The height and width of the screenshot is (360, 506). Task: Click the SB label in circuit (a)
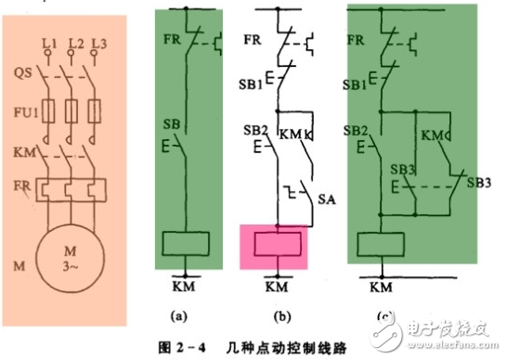pyautogui.click(x=170, y=123)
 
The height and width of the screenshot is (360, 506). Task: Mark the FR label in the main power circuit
pyautogui.click(x=23, y=185)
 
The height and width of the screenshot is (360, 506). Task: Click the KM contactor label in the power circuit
pyautogui.click(x=24, y=149)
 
